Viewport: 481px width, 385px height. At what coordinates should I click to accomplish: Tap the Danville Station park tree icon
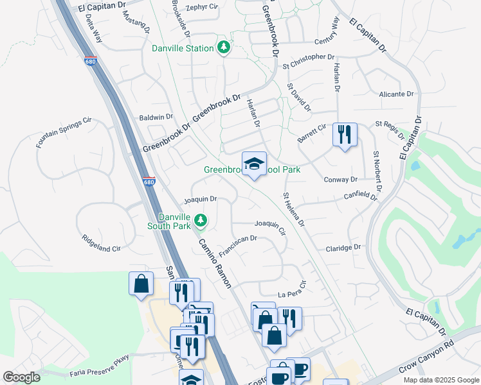coord(224,48)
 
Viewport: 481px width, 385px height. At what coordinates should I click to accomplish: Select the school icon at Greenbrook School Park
coord(254,164)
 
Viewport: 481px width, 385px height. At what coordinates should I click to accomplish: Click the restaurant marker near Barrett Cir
coord(345,135)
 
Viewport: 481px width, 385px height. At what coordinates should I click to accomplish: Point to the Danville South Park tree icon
coord(201,221)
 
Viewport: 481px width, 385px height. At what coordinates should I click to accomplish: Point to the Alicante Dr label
coord(396,94)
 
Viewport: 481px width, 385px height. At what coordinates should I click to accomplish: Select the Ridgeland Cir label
coord(102,242)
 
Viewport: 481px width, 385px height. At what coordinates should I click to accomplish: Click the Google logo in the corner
coord(22,377)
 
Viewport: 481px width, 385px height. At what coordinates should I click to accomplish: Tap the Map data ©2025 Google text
coord(440,380)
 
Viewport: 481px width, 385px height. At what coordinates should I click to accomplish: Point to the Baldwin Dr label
coord(156,117)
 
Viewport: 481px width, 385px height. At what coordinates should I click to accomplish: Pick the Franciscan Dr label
coord(238,246)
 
